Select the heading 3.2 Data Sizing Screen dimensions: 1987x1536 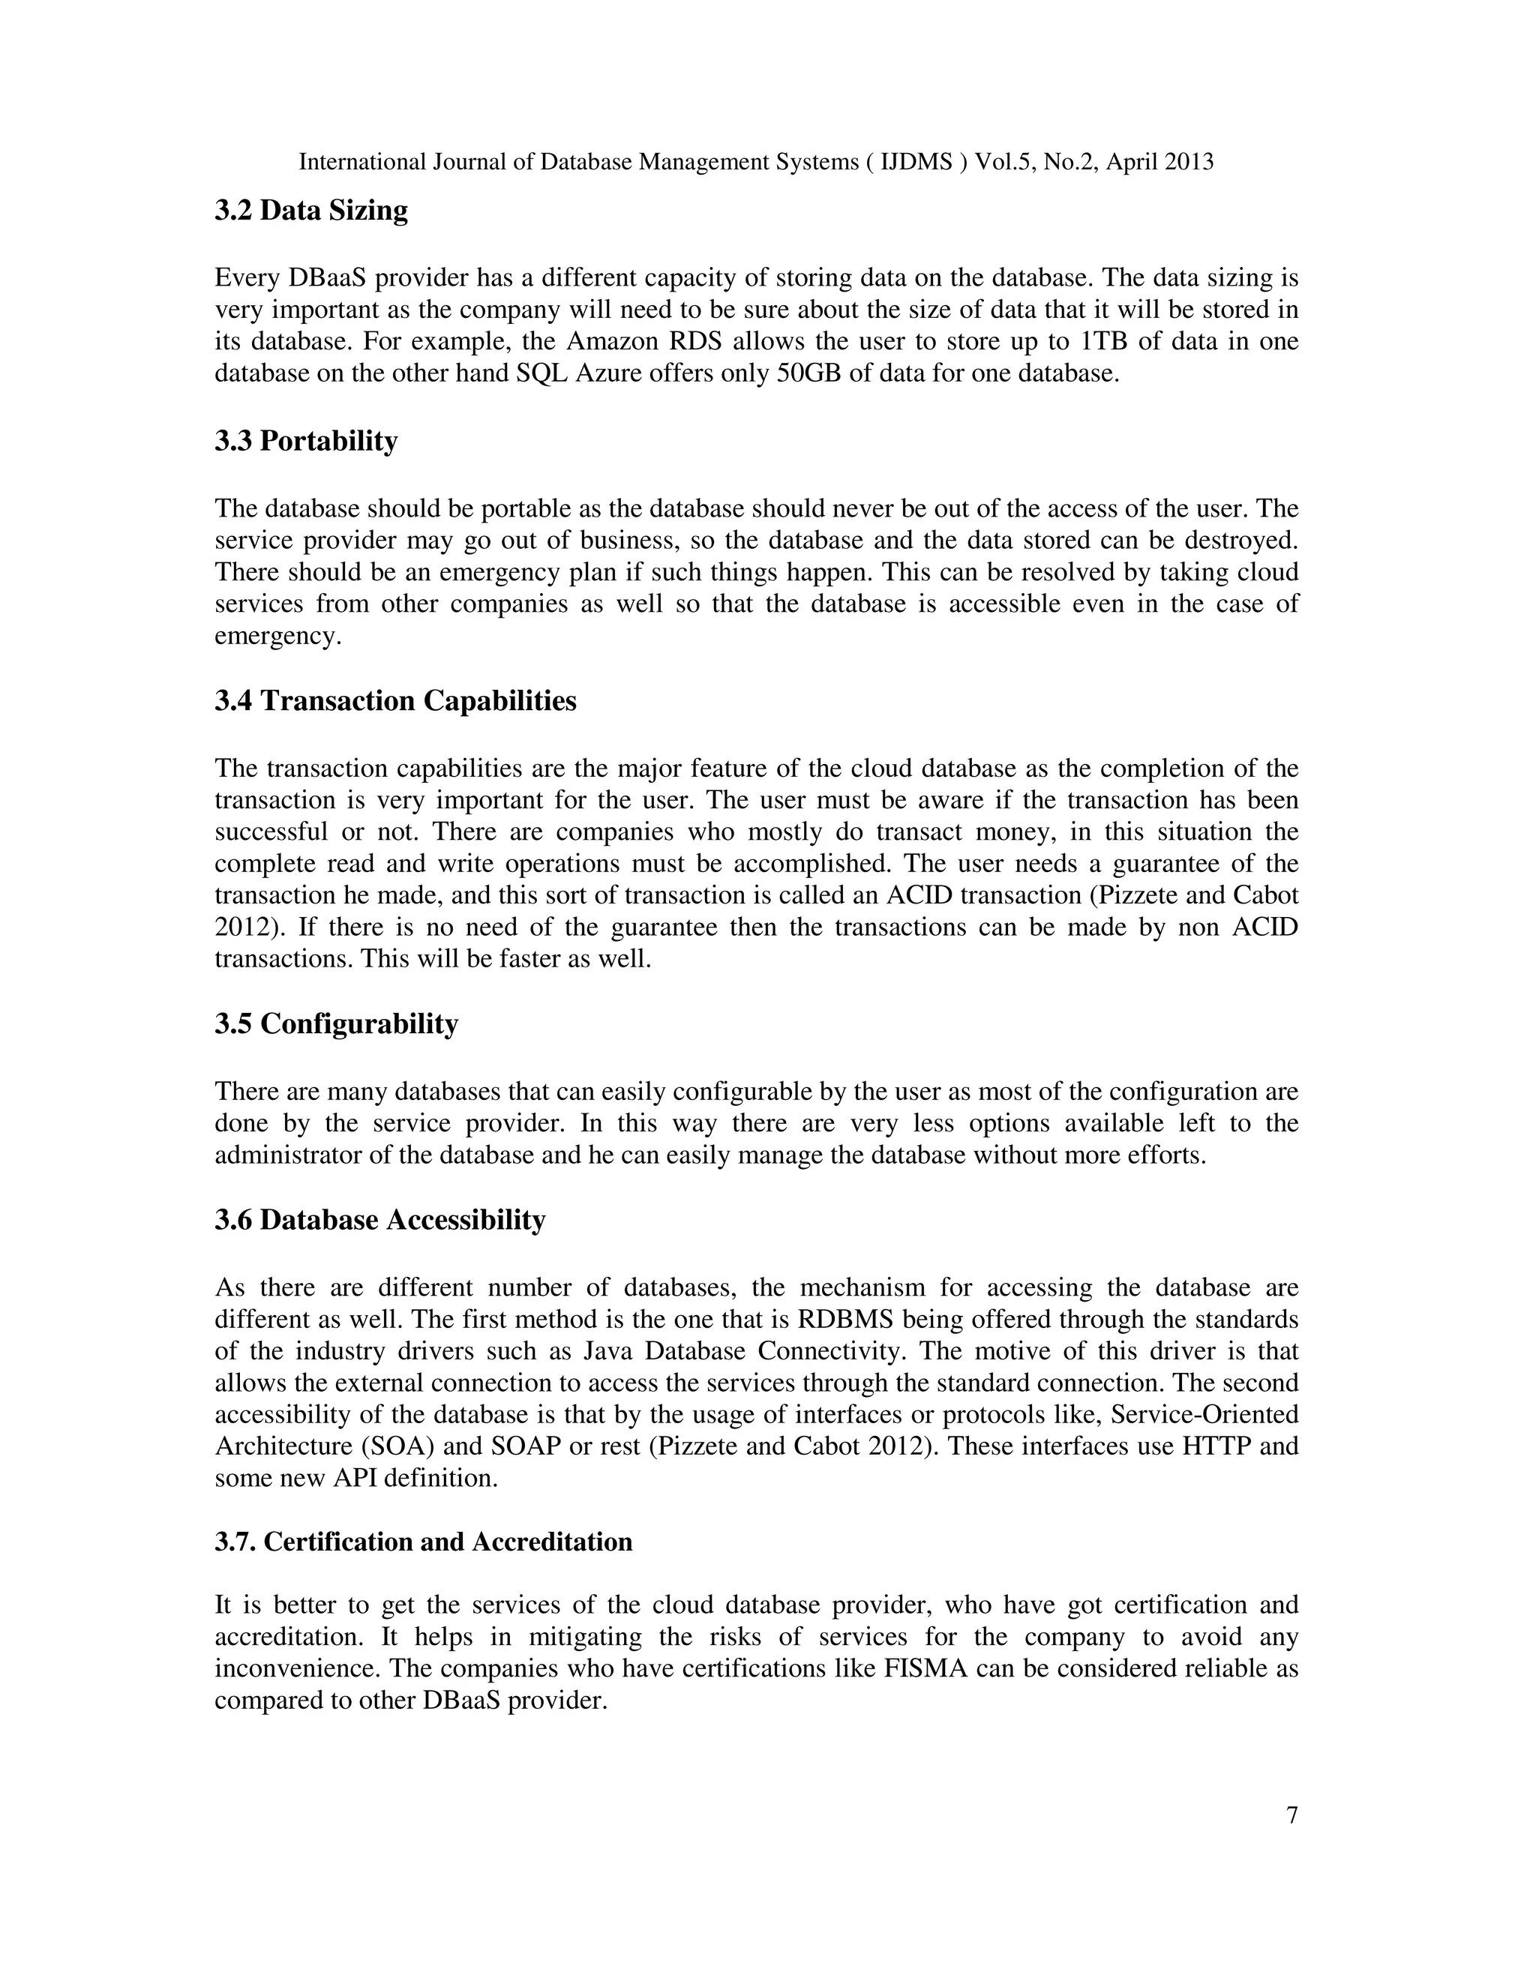click(x=311, y=210)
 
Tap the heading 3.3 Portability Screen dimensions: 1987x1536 click(x=306, y=441)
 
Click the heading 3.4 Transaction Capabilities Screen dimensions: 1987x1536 click(x=395, y=702)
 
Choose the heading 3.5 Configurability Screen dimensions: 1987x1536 click(x=336, y=1024)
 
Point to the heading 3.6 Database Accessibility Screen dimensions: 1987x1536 click(x=379, y=1220)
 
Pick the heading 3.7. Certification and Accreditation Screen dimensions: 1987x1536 click(x=423, y=1542)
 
